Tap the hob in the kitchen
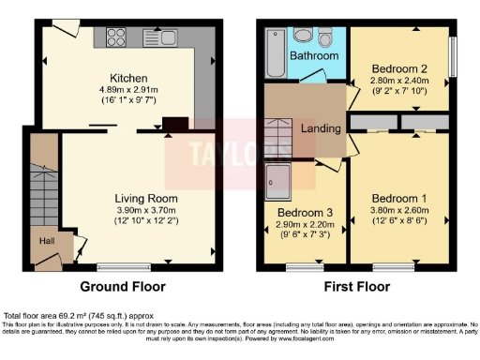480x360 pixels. [x=118, y=37]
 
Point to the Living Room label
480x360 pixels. [x=145, y=199]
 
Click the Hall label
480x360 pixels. [x=46, y=242]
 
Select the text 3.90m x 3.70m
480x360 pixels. [x=145, y=211]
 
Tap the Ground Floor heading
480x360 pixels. [x=123, y=287]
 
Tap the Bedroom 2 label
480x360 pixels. [x=399, y=69]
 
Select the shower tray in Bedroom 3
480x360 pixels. [x=280, y=182]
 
